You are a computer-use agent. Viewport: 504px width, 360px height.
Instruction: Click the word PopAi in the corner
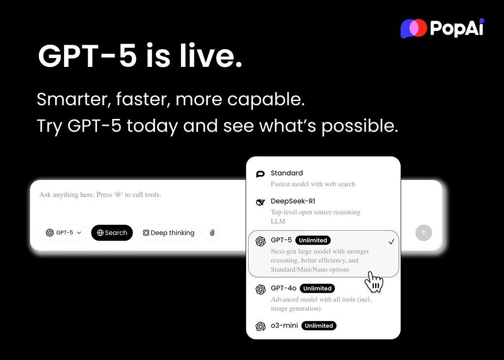click(457, 29)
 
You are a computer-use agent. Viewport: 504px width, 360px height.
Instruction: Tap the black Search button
click(112, 233)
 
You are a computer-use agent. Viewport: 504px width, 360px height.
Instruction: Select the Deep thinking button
click(168, 233)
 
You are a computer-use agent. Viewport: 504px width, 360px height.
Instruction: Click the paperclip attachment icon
click(212, 233)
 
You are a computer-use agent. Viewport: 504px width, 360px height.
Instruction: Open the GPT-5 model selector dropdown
click(63, 233)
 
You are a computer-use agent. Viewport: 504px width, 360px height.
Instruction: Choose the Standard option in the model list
click(286, 173)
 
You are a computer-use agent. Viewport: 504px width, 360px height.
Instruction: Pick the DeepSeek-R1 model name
click(293, 201)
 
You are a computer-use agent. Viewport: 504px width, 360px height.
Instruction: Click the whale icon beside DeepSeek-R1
click(260, 202)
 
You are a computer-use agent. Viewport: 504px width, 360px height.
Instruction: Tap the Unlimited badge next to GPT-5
click(313, 240)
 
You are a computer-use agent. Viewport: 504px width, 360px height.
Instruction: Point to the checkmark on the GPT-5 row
click(391, 241)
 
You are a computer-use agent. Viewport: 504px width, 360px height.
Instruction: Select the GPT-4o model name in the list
click(283, 288)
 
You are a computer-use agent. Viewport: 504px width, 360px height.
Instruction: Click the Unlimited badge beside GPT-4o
click(317, 288)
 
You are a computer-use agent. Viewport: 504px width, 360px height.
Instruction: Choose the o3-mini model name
click(284, 326)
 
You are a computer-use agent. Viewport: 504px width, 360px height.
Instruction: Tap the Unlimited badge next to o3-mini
click(318, 326)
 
